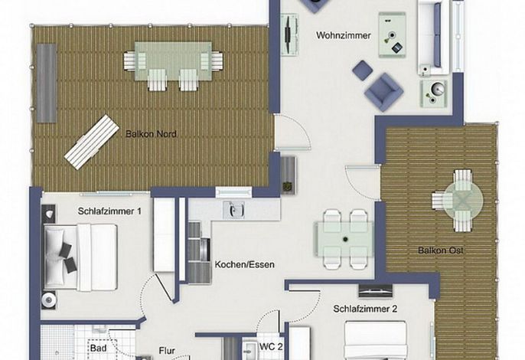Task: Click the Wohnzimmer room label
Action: [x=343, y=35]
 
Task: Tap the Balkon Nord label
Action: [x=151, y=134]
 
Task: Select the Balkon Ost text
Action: [x=441, y=250]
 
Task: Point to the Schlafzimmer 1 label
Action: [x=109, y=211]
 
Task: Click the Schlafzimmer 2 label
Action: [x=365, y=309]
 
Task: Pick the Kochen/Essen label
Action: [x=244, y=264]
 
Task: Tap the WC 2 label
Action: [x=271, y=347]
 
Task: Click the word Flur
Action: [x=167, y=351]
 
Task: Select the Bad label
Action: [x=98, y=349]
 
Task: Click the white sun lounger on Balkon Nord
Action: [x=92, y=142]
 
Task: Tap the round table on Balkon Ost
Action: [x=464, y=201]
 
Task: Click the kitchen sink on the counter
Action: [x=233, y=210]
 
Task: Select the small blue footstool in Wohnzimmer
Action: [x=363, y=70]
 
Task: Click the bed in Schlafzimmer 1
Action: [x=80, y=257]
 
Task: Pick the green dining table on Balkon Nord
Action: [x=173, y=61]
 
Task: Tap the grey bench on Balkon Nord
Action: [x=47, y=83]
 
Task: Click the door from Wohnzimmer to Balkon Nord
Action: [x=292, y=133]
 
